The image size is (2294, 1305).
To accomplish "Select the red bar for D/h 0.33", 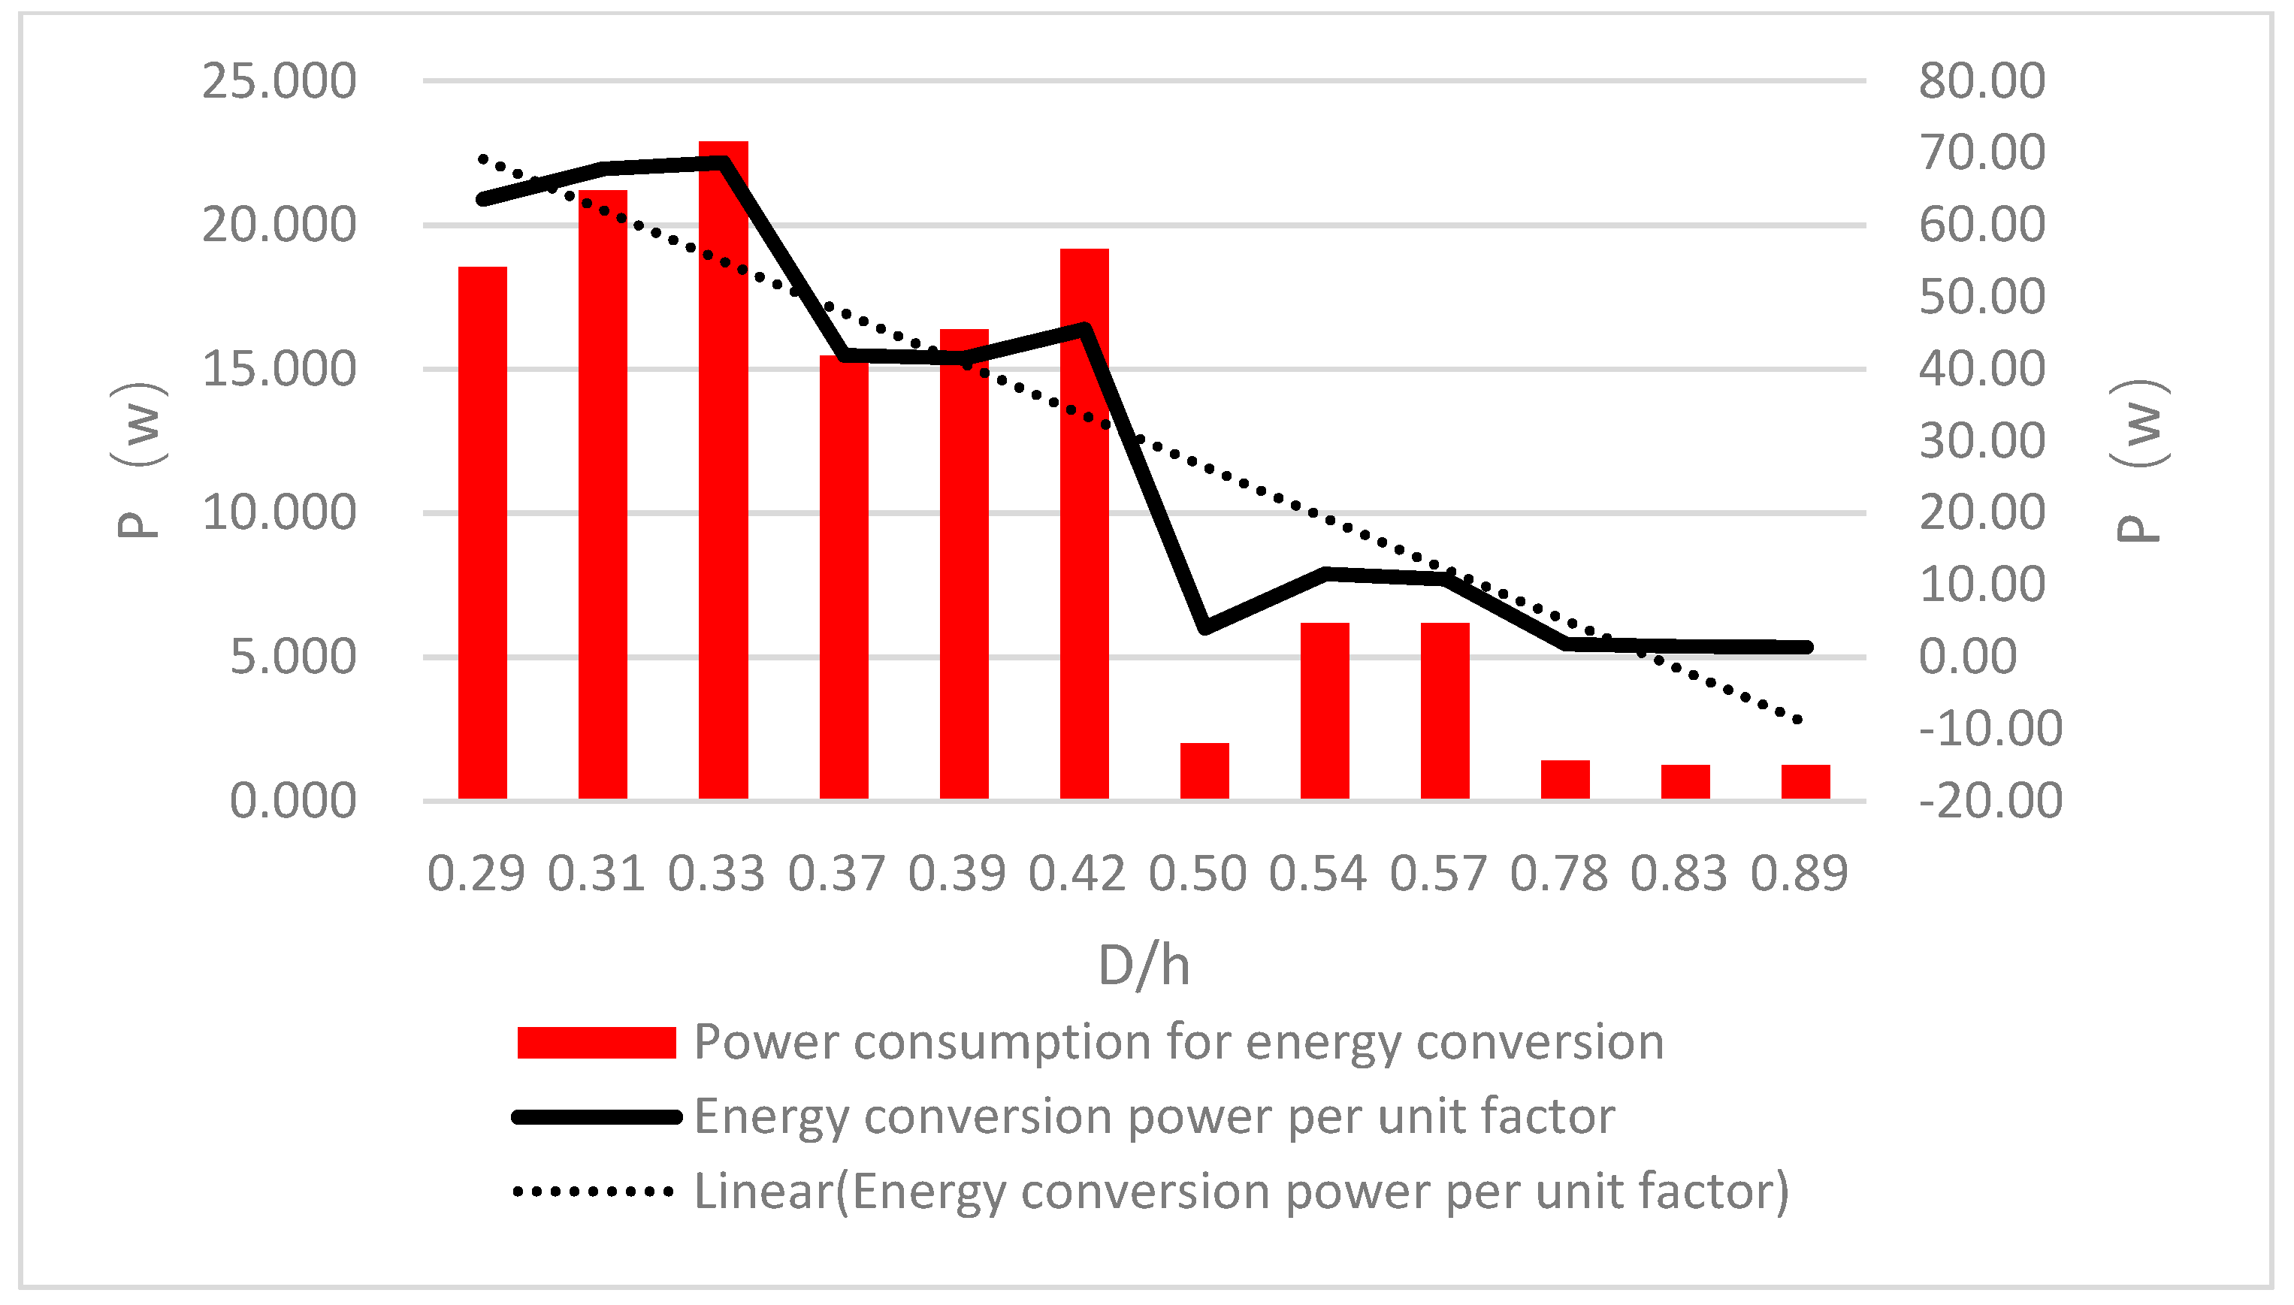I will tap(723, 470).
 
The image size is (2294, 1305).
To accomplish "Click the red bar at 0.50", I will tap(1204, 771).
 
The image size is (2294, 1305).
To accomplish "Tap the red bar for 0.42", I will tap(1084, 524).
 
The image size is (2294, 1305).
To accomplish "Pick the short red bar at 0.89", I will tap(1805, 781).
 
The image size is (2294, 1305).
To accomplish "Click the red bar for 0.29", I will tap(482, 533).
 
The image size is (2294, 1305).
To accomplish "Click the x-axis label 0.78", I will tap(1558, 874).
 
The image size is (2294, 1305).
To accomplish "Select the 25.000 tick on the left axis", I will tap(279, 82).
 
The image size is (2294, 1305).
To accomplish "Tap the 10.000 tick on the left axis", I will tap(279, 514).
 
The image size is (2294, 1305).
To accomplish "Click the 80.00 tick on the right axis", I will tap(1982, 82).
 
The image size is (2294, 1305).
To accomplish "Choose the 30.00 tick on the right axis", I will tap(1982, 441).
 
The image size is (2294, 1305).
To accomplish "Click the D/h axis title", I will tap(1144, 966).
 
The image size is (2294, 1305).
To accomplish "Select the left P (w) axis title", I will tap(139, 460).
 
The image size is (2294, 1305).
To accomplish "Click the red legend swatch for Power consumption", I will tap(596, 1042).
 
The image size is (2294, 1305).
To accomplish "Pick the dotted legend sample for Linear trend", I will tap(594, 1191).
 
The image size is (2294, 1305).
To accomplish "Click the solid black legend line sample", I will tap(596, 1116).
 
